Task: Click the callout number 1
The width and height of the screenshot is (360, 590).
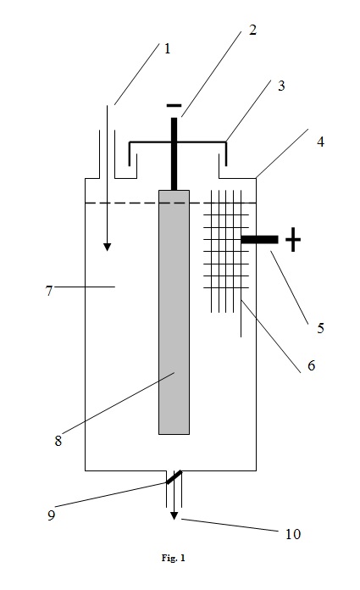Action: pyautogui.click(x=167, y=48)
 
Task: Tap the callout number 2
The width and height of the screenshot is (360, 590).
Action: pyautogui.click(x=252, y=31)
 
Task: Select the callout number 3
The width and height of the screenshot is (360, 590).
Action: pyautogui.click(x=281, y=86)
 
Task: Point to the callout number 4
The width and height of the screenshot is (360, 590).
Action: pyautogui.click(x=320, y=142)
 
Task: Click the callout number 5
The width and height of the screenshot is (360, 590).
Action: pyautogui.click(x=320, y=328)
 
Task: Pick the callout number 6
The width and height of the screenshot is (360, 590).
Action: pyautogui.click(x=311, y=365)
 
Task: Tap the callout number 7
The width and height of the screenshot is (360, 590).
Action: pyautogui.click(x=49, y=291)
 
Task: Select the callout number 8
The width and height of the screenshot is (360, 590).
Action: pyautogui.click(x=58, y=441)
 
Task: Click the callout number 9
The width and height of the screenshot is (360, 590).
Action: pyautogui.click(x=51, y=515)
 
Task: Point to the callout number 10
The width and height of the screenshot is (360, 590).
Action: pyautogui.click(x=293, y=534)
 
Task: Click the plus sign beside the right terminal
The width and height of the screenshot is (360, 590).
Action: pyautogui.click(x=293, y=239)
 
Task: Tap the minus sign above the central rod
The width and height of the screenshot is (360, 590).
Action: pyautogui.click(x=174, y=106)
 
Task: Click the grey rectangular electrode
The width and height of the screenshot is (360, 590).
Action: pyautogui.click(x=174, y=312)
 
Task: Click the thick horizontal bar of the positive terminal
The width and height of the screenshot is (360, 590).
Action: pyautogui.click(x=259, y=239)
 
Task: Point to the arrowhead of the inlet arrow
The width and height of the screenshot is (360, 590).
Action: pyautogui.click(x=108, y=247)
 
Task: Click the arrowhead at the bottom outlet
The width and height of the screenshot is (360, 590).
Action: pyautogui.click(x=174, y=516)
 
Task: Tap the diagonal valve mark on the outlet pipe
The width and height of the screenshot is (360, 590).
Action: pyautogui.click(x=174, y=477)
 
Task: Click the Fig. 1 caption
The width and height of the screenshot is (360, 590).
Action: pyautogui.click(x=174, y=558)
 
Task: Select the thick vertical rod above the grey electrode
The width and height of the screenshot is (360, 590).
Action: pyautogui.click(x=174, y=154)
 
